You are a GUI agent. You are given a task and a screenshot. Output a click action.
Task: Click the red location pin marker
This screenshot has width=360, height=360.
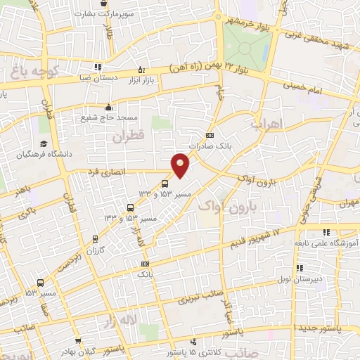181,165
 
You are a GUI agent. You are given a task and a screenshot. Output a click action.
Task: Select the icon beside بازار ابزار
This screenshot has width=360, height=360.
143,70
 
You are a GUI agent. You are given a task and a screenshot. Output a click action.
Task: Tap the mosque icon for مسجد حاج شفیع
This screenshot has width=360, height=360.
108,108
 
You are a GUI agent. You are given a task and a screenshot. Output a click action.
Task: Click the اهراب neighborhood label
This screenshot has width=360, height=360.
265,124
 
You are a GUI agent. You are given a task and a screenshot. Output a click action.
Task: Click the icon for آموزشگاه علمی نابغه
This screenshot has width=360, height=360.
326,231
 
